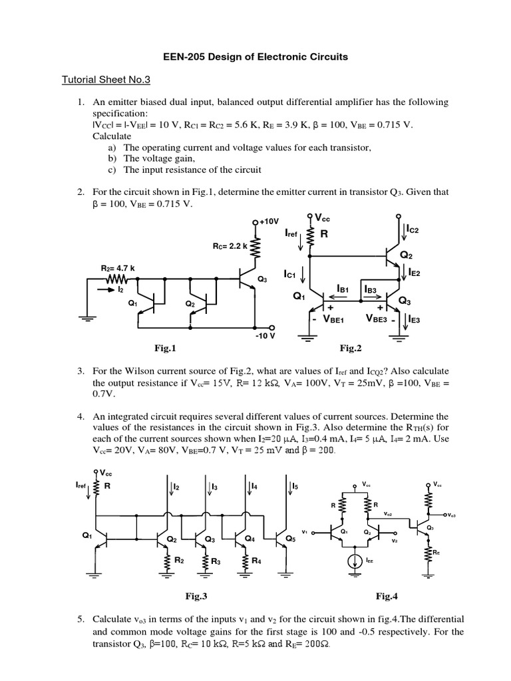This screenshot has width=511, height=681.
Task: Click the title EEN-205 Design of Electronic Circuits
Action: (255, 57)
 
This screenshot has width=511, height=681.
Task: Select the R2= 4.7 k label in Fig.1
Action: (118, 269)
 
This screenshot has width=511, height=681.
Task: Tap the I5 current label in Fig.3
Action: (295, 488)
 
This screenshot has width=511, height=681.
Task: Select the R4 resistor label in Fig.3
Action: (255, 561)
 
